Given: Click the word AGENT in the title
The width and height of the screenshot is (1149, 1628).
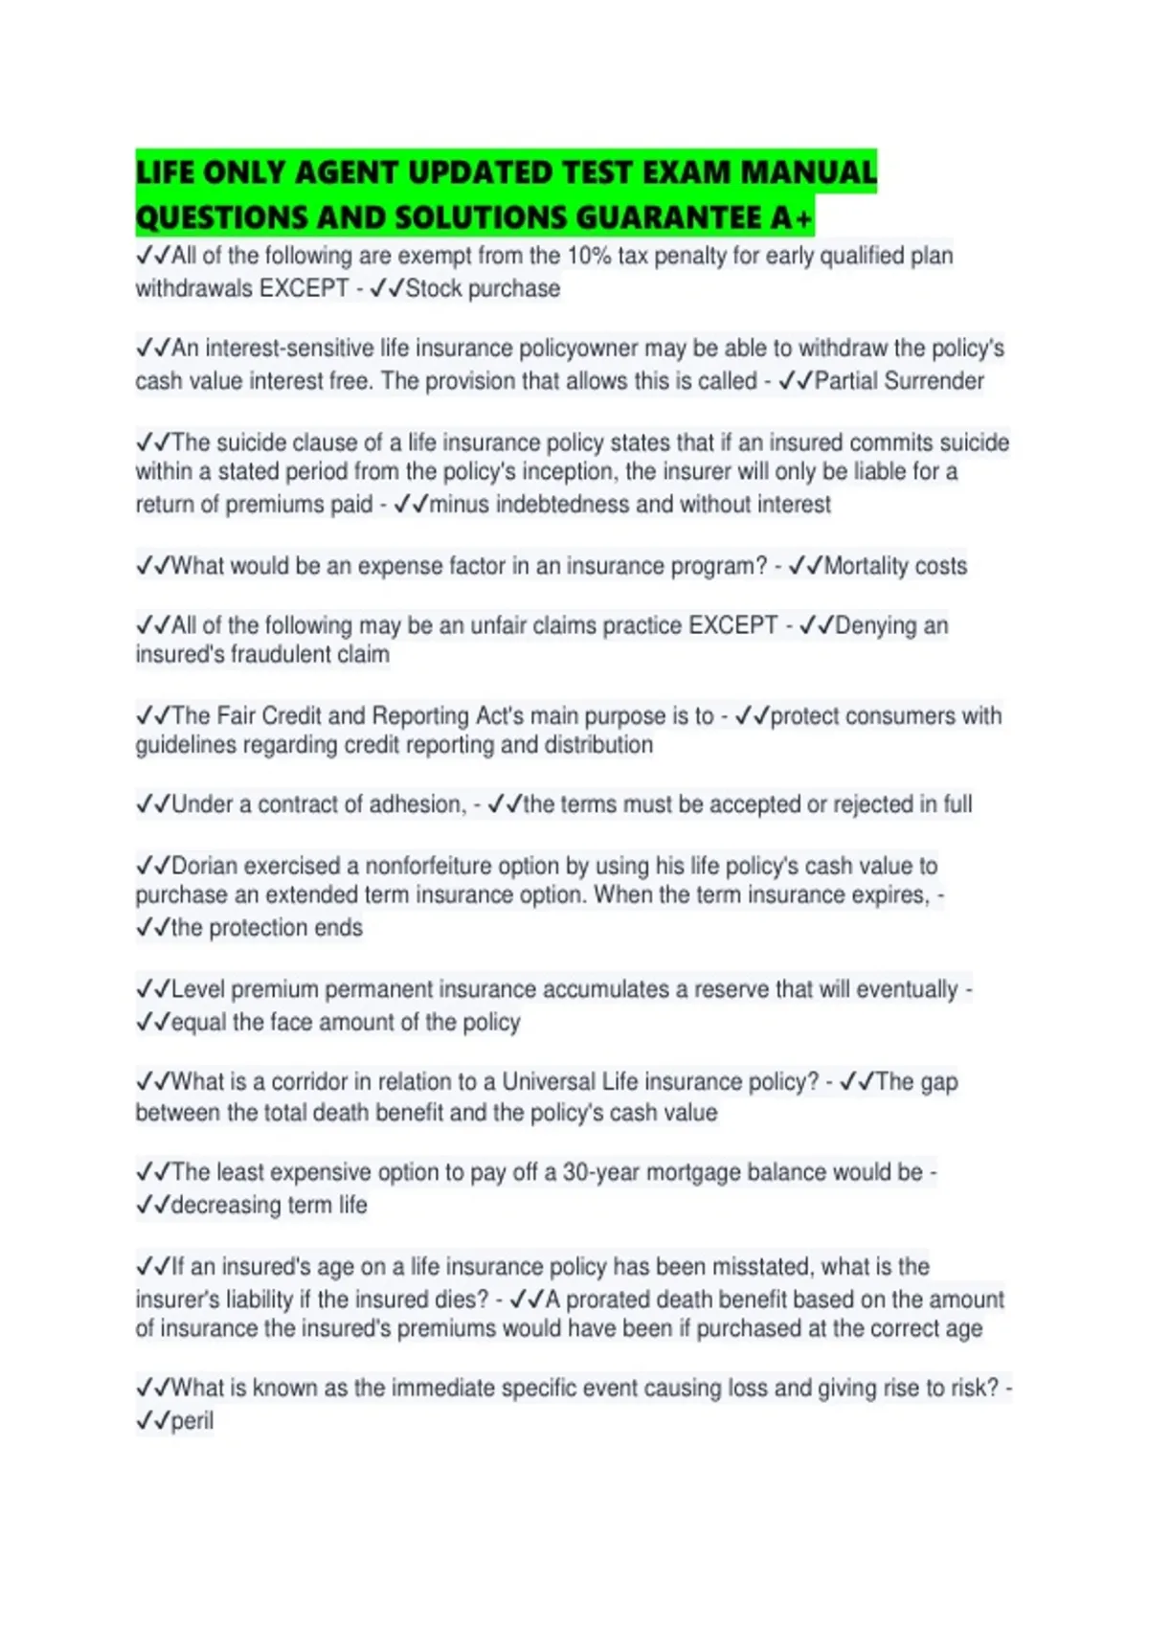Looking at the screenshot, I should click(x=347, y=172).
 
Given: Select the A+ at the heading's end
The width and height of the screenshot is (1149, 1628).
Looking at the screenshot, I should click(x=791, y=218).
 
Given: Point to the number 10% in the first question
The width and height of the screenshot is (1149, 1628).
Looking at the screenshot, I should click(x=589, y=256).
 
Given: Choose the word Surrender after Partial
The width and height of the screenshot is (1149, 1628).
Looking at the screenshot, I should click(x=934, y=381).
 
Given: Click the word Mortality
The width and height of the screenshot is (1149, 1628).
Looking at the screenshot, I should click(x=867, y=566).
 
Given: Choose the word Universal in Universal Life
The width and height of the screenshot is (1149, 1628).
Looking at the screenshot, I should click(x=549, y=1082).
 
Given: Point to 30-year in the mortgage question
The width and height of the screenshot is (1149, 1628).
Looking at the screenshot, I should click(x=600, y=1172).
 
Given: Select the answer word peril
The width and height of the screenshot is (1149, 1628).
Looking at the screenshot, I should click(x=191, y=1421).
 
